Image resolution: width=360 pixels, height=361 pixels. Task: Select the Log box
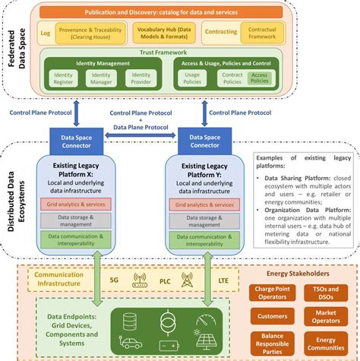pyautogui.click(x=46, y=34)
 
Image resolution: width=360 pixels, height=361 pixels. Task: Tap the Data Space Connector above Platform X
pyautogui.click(x=81, y=141)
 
